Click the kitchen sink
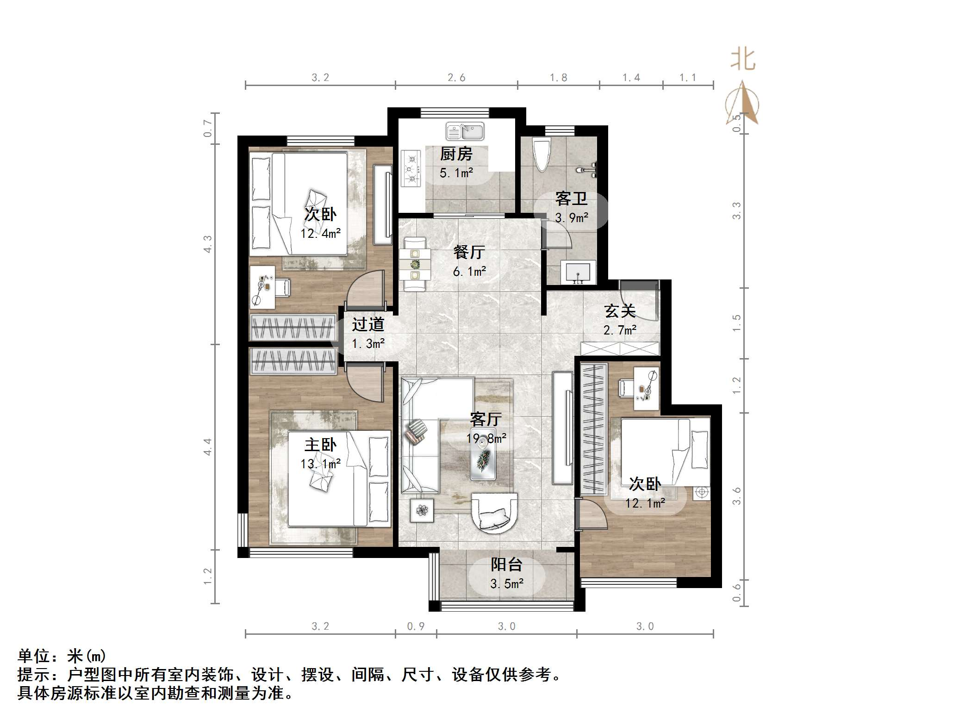coord(465,131)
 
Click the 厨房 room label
coord(456,154)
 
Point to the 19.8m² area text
coord(486,438)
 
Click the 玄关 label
coord(620,311)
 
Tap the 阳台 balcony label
coord(506,564)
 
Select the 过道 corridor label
coord(368,324)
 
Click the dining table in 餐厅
coord(415,264)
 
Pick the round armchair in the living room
coord(493,513)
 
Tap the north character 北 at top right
coord(743,60)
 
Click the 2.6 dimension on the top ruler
coord(456,78)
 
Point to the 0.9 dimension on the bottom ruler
coord(416,626)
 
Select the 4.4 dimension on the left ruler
coord(208,446)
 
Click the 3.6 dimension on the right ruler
coord(737,496)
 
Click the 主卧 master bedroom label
coord(320,445)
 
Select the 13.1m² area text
coord(320,464)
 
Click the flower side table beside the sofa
coord(422,510)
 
